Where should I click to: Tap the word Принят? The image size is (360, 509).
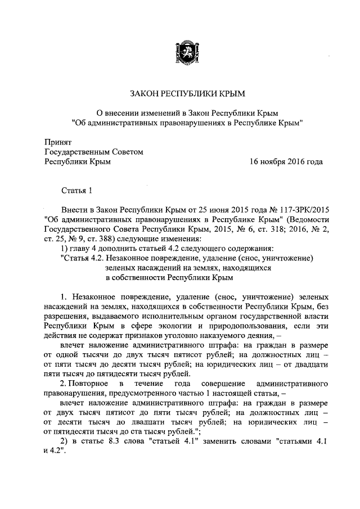coord(57,141)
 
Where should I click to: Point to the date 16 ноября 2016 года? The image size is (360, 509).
coord(286,161)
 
